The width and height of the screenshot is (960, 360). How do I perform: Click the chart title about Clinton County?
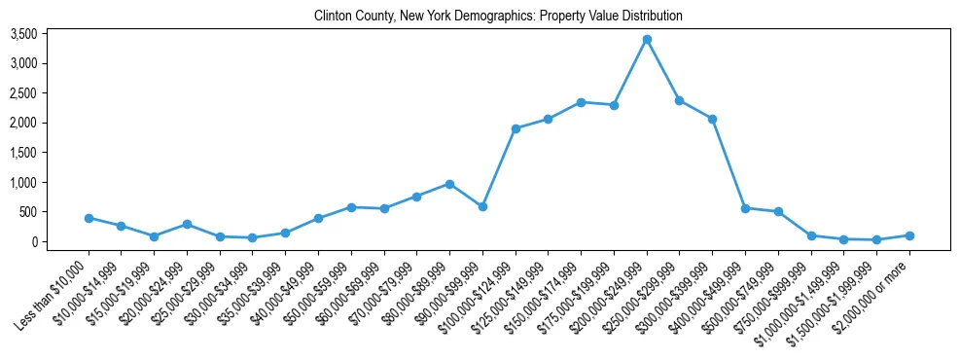click(498, 16)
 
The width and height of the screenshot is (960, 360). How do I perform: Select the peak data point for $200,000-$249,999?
click(647, 39)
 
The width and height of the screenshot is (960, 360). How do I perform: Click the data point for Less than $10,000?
click(89, 218)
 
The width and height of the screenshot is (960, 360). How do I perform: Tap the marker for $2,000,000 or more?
click(909, 235)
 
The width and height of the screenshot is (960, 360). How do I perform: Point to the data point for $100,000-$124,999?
click(516, 128)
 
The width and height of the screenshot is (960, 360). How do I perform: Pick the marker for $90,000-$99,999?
click(482, 206)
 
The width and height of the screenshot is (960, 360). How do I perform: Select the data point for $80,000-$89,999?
click(449, 184)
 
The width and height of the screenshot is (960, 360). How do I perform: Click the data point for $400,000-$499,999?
click(745, 208)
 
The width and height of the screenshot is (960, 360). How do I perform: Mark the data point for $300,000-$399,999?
click(712, 119)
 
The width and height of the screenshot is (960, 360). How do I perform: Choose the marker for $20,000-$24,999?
click(187, 224)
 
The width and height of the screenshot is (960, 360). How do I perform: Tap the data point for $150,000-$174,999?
click(581, 102)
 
